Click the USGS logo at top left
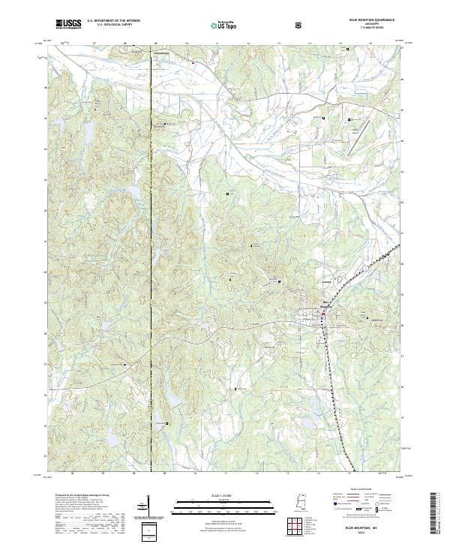tap(68, 25)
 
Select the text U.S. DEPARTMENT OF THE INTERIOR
tap(113, 21)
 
